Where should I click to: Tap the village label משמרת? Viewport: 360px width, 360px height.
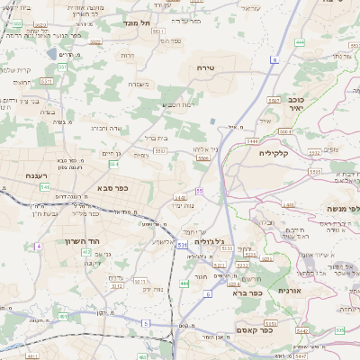(139, 84)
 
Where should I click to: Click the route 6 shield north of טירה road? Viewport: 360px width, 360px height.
(274, 60)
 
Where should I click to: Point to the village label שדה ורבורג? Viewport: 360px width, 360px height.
(101, 128)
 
